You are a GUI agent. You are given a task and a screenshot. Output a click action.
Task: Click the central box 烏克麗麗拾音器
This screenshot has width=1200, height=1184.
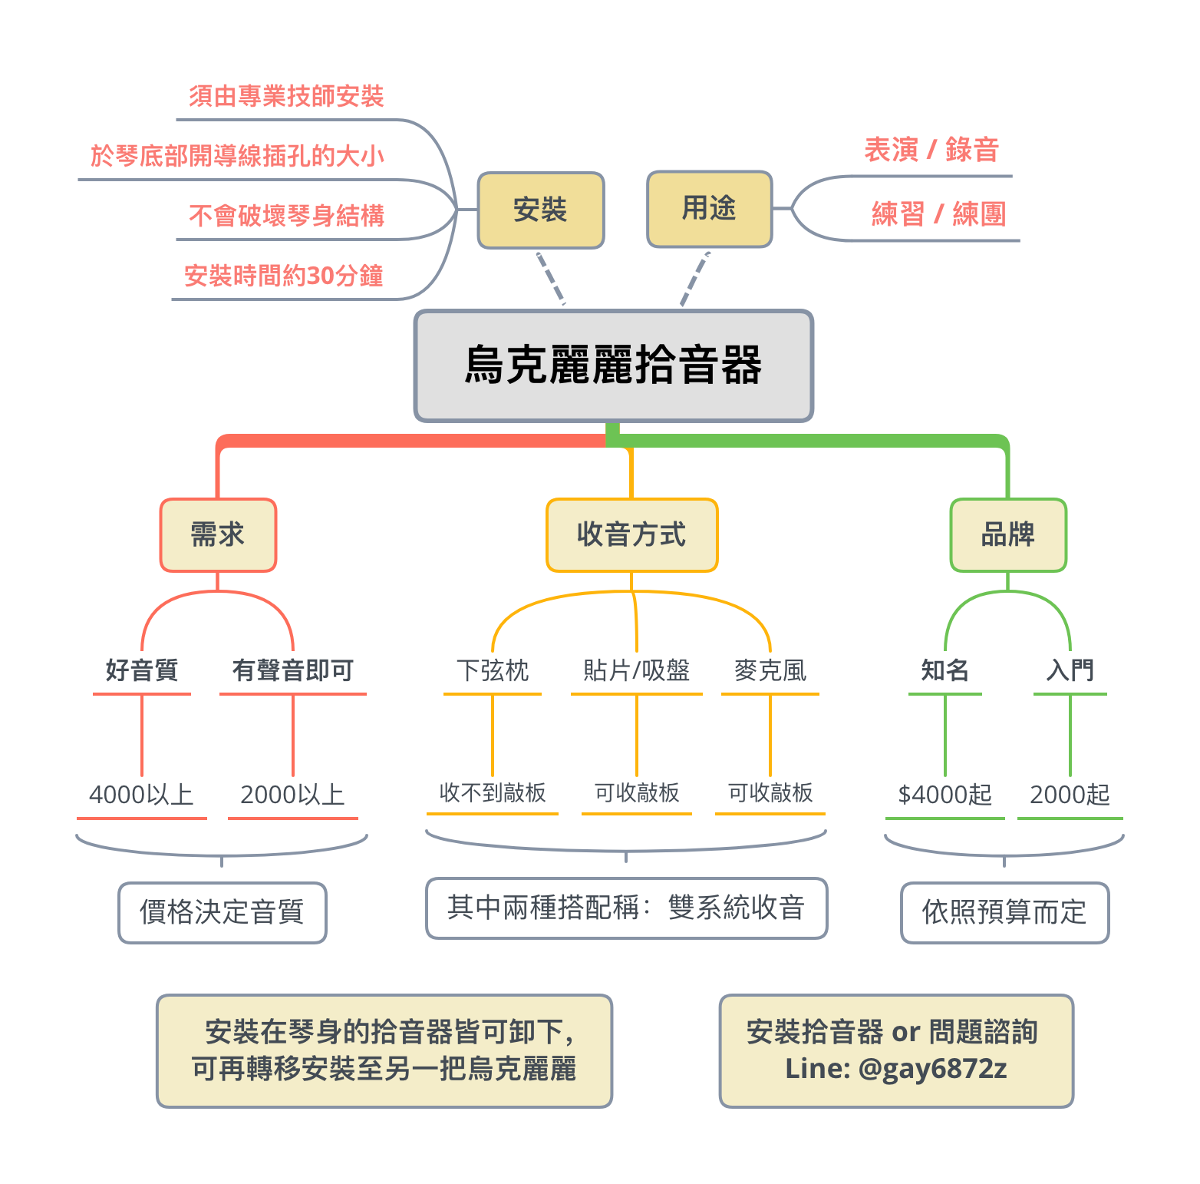[x=613, y=365]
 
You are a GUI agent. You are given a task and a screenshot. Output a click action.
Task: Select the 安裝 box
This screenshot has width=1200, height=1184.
[x=541, y=210]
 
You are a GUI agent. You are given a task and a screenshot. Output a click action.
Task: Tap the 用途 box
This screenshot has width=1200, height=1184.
[x=709, y=209]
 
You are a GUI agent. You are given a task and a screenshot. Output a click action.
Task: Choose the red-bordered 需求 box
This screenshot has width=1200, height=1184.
[x=218, y=535]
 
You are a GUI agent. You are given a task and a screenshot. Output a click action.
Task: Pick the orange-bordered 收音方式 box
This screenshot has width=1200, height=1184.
[x=631, y=535]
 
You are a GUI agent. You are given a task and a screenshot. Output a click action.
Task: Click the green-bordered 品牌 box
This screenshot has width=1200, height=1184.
[x=1008, y=535]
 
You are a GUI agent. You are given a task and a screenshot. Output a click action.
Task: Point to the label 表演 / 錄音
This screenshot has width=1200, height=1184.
[x=931, y=150]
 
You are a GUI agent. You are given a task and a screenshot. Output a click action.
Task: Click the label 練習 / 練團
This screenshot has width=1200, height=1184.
[x=938, y=214]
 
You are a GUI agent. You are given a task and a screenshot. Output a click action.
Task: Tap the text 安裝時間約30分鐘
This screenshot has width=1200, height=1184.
[x=284, y=276]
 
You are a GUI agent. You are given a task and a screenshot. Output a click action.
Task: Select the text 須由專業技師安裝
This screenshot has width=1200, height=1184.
[x=286, y=97]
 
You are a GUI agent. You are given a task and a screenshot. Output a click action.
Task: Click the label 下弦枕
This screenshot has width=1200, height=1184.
[x=493, y=670]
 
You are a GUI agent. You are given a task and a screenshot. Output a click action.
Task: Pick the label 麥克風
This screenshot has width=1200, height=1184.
[x=770, y=670]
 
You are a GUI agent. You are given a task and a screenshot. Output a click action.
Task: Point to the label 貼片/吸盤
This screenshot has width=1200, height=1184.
[x=636, y=670]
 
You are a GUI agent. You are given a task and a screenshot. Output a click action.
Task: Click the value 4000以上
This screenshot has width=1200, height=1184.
[x=141, y=795]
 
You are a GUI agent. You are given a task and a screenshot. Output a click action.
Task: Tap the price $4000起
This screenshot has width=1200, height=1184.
[x=945, y=795]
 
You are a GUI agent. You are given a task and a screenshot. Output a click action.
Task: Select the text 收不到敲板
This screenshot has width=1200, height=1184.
[x=493, y=792]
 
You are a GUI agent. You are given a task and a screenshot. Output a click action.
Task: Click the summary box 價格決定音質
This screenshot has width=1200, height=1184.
[x=222, y=912]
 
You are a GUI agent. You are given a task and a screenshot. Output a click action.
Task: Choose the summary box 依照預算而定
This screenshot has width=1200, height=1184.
[x=1004, y=912]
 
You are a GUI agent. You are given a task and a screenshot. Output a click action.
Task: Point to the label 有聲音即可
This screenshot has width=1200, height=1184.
[x=293, y=670]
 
